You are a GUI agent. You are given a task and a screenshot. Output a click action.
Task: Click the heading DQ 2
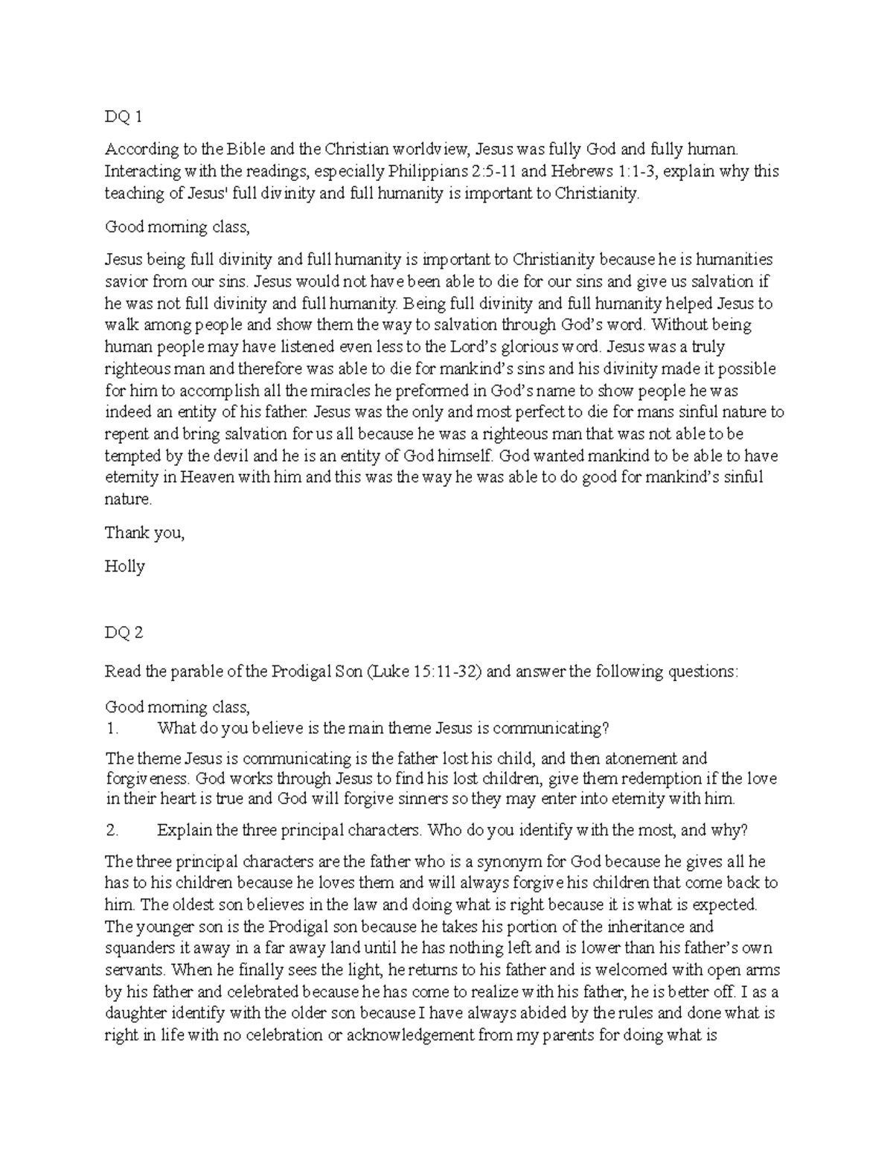tap(124, 633)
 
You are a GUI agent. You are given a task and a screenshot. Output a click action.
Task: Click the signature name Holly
tap(124, 566)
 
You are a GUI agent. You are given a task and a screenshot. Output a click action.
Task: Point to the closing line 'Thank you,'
tap(144, 533)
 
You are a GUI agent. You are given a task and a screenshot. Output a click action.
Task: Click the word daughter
tap(135, 1013)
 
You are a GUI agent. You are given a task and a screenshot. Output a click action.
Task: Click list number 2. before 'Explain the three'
tap(111, 829)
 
